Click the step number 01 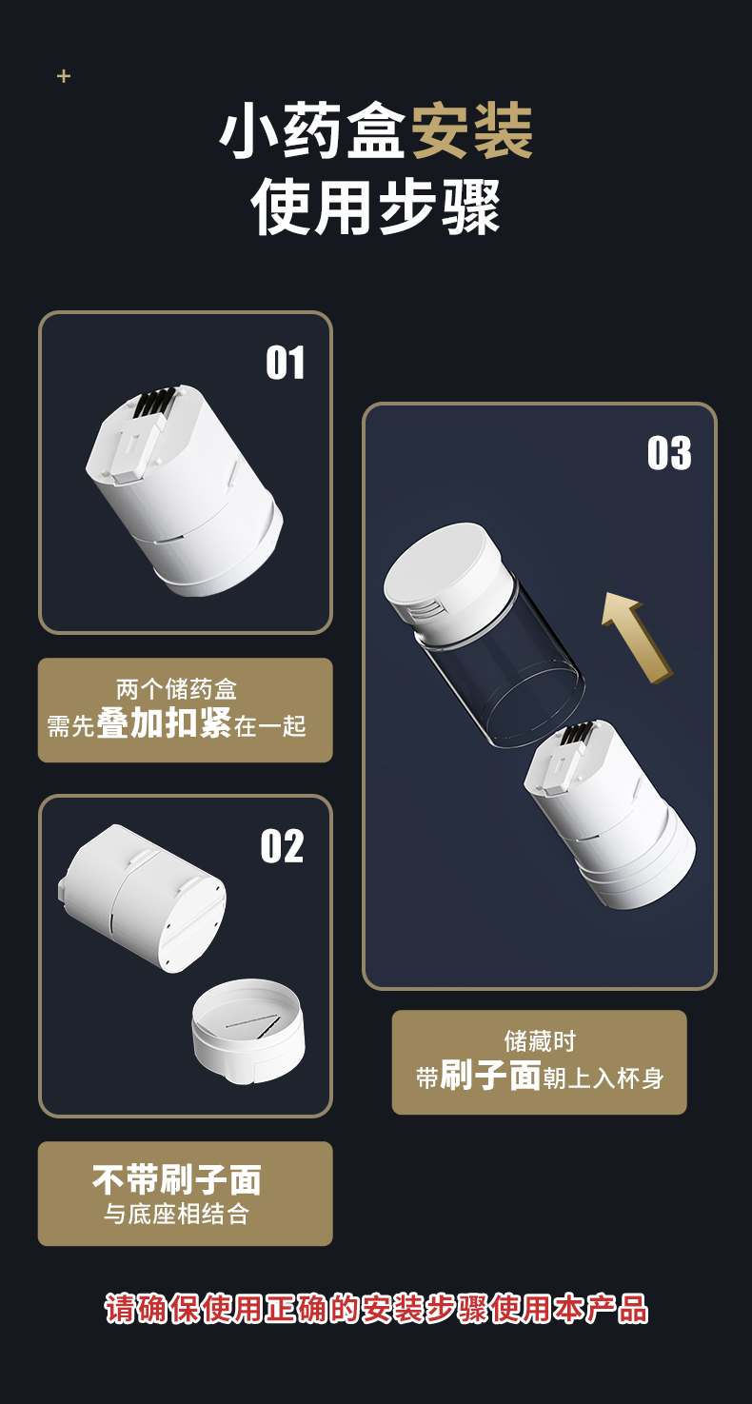pos(286,363)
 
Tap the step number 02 pos(282,846)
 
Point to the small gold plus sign pos(64,76)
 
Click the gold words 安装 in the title pos(471,131)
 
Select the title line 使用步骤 pos(376,206)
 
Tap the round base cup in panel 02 pos(248,1031)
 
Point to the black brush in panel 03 pos(577,732)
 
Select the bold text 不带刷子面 pos(177,1179)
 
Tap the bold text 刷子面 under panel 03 pos(490,1075)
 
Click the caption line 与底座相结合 pos(177,1214)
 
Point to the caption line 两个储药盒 pos(177,689)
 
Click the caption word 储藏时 pos(540,1041)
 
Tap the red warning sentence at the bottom pos(376,1309)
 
